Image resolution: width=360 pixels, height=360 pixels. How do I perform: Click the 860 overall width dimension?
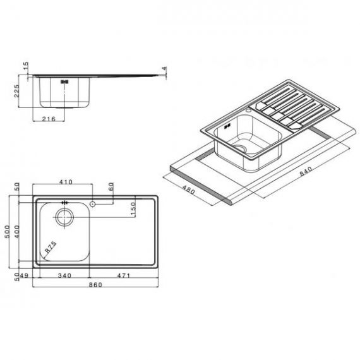pos(95,285)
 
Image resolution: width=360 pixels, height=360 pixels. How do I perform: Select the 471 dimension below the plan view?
pos(124,275)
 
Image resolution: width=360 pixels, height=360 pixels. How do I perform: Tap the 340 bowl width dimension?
pos(64,275)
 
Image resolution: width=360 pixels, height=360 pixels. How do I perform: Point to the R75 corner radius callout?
pos(51,247)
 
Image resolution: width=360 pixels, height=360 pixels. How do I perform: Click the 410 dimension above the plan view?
pos(66,182)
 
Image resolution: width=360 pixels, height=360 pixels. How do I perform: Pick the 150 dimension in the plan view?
pos(133,210)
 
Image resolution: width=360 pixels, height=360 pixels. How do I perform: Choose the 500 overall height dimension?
pos(8,231)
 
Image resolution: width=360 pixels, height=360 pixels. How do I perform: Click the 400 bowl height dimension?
pos(17,231)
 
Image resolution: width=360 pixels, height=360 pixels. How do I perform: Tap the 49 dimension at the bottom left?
pos(24,275)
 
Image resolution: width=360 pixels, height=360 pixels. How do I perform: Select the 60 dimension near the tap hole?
pos(111,187)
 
